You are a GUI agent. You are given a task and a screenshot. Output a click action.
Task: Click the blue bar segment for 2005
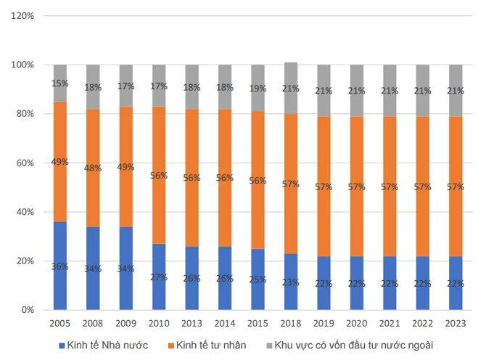coord(60,247)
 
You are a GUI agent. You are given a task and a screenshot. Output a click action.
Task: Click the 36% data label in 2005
coord(60,266)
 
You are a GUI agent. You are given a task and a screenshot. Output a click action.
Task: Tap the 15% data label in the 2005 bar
coord(60,83)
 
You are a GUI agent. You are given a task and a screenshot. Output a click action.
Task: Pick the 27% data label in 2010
coord(159,277)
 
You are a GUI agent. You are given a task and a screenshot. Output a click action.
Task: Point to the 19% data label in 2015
coord(258,89)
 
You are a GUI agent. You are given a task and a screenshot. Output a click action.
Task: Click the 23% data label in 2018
coord(291,282)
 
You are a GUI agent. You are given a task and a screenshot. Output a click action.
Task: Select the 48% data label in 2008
coord(93,168)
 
